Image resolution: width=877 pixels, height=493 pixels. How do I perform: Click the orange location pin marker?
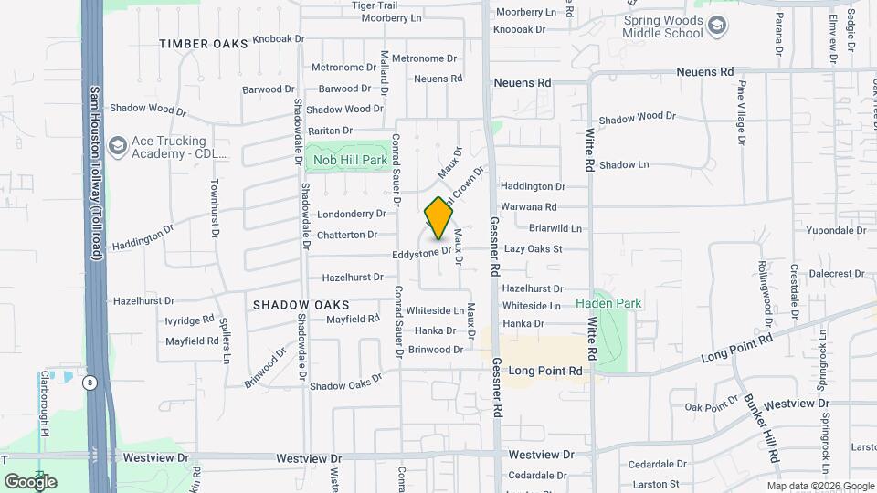click(x=438, y=218)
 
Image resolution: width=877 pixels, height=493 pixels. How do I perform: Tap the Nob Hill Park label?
click(x=351, y=160)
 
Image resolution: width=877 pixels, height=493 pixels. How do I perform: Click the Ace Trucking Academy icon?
click(x=117, y=146)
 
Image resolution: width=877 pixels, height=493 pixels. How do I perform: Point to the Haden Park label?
click(x=608, y=303)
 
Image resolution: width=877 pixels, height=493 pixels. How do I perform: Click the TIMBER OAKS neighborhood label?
click(x=204, y=44)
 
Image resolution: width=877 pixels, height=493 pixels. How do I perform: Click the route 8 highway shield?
click(x=90, y=383)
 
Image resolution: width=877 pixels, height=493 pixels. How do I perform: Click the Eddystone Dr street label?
click(x=421, y=254)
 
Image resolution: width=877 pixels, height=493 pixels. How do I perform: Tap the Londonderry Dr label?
click(x=352, y=215)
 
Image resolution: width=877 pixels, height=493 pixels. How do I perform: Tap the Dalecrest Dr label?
click(x=836, y=273)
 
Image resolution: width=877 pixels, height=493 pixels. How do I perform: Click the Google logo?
click(x=30, y=481)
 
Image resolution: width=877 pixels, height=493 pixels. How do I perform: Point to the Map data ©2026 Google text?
click(x=821, y=486)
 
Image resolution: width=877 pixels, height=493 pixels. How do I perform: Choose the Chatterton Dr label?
click(x=346, y=236)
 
